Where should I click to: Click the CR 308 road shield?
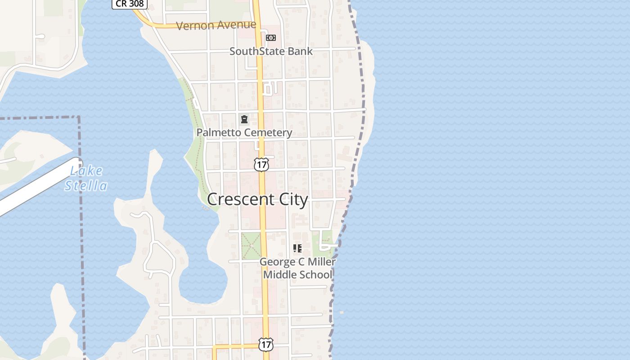pos(130,4)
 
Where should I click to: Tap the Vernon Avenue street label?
pos(216,25)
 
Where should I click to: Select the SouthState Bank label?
pos(271,51)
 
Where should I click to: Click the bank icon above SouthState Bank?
pos(271,38)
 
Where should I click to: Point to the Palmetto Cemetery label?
pos(244,133)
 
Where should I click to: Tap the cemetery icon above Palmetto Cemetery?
pos(244,119)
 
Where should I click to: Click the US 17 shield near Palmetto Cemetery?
pos(261,164)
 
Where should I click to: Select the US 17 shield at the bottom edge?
pos(266,345)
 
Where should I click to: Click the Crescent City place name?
pos(257,199)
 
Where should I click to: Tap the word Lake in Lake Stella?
pos(86,171)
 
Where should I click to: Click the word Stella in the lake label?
pos(86,186)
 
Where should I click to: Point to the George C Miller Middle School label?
pos(297,268)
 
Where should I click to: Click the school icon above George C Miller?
pos(297,248)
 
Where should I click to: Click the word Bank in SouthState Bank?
pos(300,51)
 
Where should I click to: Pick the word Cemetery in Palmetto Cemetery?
pos(269,133)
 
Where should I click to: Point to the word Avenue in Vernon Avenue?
pos(235,25)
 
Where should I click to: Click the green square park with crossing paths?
pos(251,246)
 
